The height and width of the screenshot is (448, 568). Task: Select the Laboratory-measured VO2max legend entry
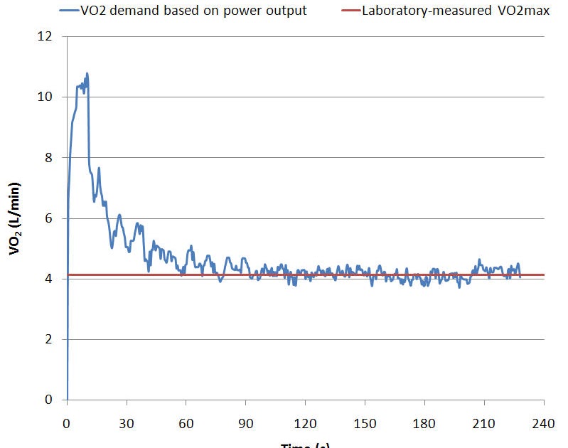tap(456, 11)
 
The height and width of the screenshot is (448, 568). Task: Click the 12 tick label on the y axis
tap(45, 36)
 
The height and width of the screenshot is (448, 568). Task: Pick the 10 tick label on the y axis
tap(45, 97)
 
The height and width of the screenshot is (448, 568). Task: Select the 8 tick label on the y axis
tap(48, 157)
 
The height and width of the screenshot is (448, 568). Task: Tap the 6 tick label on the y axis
tap(48, 218)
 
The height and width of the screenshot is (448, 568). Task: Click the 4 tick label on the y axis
tap(48, 279)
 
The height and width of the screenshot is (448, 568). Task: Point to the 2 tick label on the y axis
tap(48, 339)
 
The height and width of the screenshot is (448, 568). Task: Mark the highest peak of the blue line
tap(87, 73)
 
